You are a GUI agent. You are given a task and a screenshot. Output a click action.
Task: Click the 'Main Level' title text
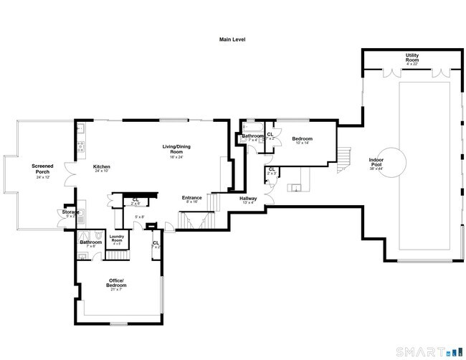pos(232,39)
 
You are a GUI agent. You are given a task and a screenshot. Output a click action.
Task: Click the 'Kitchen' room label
pos(101,166)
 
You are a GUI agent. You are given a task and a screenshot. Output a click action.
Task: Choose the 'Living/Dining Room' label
pos(176,149)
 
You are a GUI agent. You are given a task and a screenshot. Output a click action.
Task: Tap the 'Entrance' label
pos(191,198)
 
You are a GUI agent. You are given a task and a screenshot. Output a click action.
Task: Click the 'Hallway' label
pos(248,199)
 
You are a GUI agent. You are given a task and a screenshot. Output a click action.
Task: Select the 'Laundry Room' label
pos(118,238)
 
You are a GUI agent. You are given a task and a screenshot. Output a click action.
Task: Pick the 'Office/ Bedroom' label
pos(117,282)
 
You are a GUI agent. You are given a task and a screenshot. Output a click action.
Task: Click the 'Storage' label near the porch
pos(70,212)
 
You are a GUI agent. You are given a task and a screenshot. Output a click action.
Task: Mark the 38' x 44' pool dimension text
pos(376,169)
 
